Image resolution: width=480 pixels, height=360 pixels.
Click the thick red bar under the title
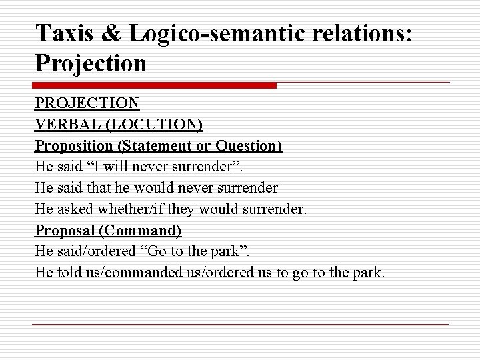(154, 85)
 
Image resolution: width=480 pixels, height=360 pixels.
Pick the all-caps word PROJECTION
(87, 103)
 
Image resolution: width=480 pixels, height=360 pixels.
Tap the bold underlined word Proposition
(74, 146)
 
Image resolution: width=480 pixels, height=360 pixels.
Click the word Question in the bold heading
(248, 146)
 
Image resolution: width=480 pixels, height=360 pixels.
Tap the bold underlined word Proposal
(64, 231)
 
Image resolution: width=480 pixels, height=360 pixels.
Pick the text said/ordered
(92, 252)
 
